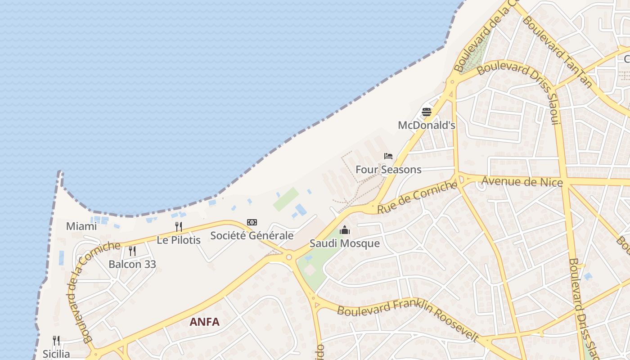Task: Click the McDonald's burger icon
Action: [427, 112]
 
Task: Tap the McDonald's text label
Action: [427, 126]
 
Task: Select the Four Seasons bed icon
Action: [388, 156]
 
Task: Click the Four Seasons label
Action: [388, 170]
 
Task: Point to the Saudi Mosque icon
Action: [345, 230]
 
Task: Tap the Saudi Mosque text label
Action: [345, 243]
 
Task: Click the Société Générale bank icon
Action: [252, 222]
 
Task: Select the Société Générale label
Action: [252, 235]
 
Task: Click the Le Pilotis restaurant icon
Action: [179, 226]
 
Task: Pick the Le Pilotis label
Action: [179, 240]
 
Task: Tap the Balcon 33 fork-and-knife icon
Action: [132, 251]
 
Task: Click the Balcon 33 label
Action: [132, 264]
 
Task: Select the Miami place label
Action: [81, 226]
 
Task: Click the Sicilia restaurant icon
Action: [56, 340]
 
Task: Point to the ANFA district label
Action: [205, 322]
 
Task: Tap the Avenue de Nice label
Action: [522, 182]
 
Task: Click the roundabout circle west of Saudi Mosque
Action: [289, 257]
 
